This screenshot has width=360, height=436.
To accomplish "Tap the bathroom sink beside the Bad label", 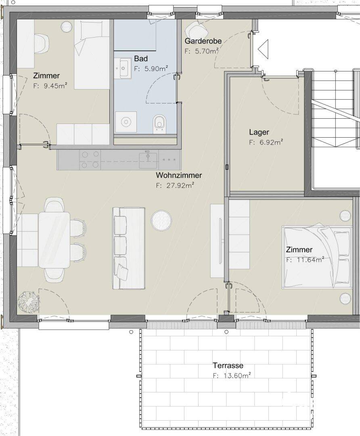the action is (x=123, y=68).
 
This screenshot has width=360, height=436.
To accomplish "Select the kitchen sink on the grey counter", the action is (x=148, y=159).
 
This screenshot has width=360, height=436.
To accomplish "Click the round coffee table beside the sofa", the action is (x=161, y=220).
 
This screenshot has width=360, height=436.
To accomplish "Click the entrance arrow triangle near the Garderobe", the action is (x=263, y=49).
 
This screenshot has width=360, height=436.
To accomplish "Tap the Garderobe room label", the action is (x=203, y=41).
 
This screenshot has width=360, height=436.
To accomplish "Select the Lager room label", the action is (x=259, y=132).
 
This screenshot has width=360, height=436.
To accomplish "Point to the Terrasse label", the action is (x=228, y=365).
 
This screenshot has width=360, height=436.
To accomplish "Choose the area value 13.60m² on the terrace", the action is (x=237, y=376).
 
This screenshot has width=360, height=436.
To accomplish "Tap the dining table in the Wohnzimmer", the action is (x=54, y=240).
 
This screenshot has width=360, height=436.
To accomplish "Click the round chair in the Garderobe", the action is (x=196, y=28).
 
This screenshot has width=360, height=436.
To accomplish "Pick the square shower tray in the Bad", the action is (x=126, y=122).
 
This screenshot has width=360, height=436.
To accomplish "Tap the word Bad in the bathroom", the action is (x=141, y=59).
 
